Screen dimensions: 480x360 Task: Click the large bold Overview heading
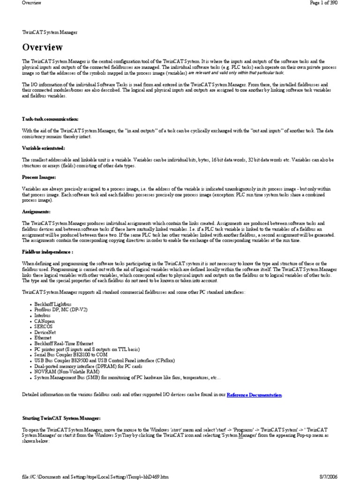[42, 47]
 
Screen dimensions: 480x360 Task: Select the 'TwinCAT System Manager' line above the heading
[50, 32]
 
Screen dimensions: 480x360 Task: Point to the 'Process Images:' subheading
[39, 177]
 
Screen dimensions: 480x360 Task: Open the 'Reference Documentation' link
[254, 395]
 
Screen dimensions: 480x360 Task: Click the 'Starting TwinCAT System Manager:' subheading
[61, 417]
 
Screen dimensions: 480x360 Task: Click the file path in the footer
[95, 476]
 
